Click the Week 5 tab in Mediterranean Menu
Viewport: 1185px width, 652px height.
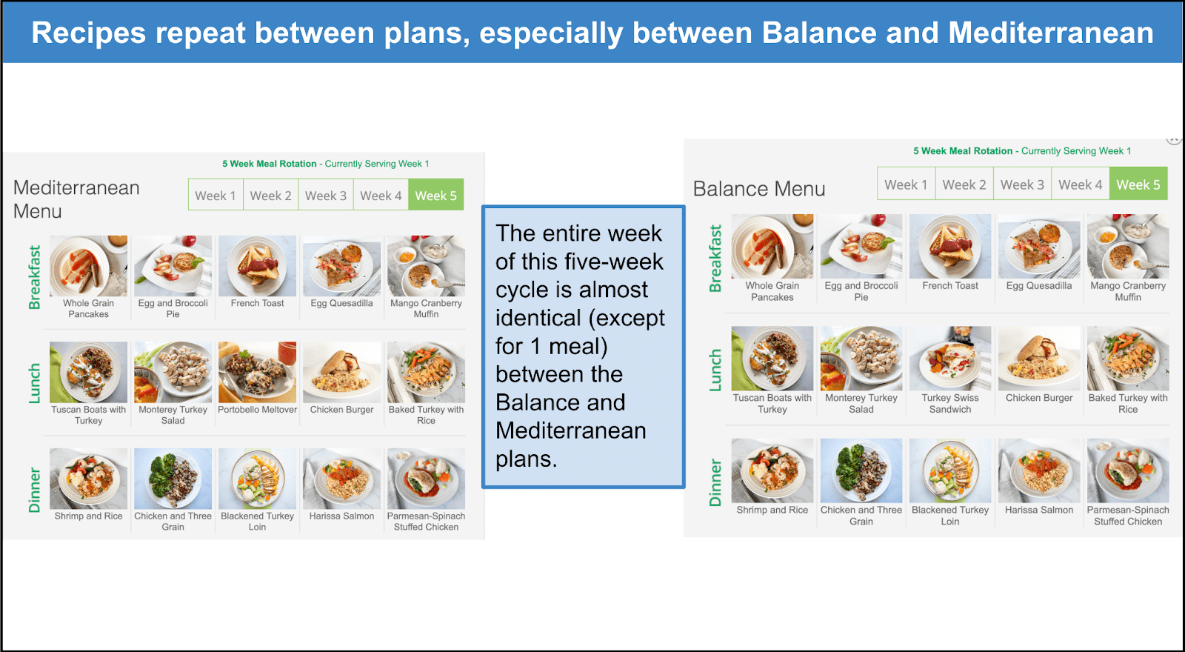tap(436, 195)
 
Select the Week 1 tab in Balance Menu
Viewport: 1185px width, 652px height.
tap(907, 184)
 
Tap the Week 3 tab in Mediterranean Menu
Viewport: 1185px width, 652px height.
tap(326, 195)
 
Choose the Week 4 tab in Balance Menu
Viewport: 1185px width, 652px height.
tap(1081, 184)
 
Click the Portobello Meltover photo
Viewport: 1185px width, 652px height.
tap(257, 372)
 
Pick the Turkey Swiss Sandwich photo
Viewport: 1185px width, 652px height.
tap(950, 359)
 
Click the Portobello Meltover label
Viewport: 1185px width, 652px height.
tap(257, 410)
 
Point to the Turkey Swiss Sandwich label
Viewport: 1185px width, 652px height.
tap(950, 403)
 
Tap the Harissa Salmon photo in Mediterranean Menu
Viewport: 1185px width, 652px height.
tap(341, 479)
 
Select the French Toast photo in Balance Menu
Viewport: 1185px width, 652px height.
tap(950, 246)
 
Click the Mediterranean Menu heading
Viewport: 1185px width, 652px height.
tap(77, 199)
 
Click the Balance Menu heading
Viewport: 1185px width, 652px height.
tap(759, 188)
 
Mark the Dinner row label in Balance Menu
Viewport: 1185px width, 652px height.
tap(715, 482)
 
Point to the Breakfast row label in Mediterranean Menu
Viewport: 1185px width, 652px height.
tap(34, 277)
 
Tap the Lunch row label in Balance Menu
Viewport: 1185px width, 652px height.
tap(715, 370)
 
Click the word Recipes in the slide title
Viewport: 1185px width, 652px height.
tap(88, 33)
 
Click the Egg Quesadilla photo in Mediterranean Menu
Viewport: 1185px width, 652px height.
tap(341, 266)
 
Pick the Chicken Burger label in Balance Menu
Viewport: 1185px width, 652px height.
tap(1039, 397)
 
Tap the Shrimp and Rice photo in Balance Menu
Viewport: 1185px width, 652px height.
tap(772, 470)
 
